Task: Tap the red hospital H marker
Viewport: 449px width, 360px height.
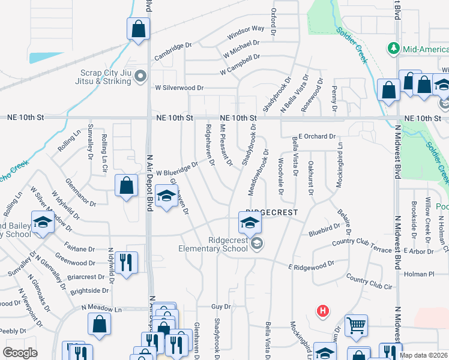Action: point(323,311)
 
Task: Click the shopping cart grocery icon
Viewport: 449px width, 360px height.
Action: point(357,325)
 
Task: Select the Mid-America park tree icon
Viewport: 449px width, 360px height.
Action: point(394,47)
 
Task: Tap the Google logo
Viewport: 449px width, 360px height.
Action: point(20,353)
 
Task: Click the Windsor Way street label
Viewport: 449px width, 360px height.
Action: point(246,32)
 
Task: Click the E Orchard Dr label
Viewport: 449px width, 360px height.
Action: point(318,136)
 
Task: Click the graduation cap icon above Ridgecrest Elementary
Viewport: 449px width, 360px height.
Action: point(250,223)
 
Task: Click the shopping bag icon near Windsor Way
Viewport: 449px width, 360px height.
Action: point(138,29)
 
